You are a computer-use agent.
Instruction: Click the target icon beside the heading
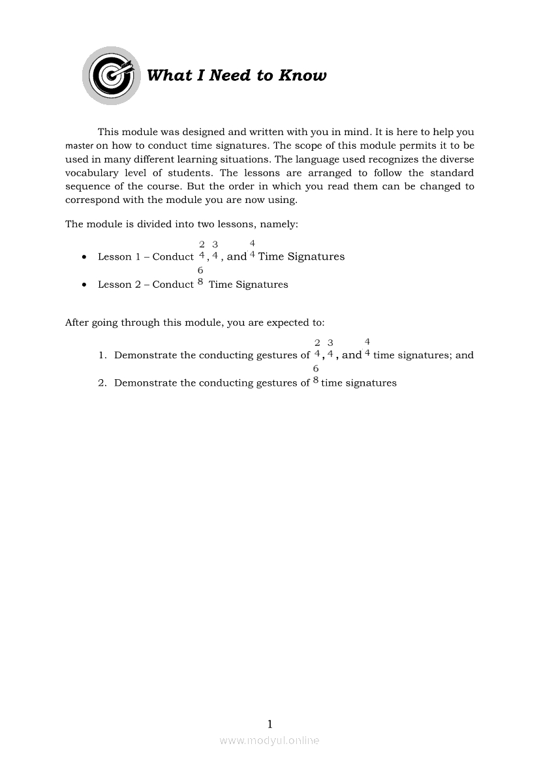tap(111, 76)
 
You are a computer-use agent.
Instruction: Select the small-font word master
tap(80, 146)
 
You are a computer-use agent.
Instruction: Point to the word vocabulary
tap(92, 173)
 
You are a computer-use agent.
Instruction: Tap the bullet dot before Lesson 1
tap(85, 257)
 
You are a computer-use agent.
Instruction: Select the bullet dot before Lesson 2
tap(85, 285)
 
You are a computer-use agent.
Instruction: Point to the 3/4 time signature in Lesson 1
tap(215, 250)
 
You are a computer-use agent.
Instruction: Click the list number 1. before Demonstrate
tap(102, 355)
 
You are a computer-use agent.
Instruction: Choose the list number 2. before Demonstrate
tap(102, 382)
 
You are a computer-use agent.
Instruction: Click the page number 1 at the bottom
tap(269, 724)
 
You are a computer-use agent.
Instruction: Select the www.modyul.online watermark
tap(269, 740)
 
